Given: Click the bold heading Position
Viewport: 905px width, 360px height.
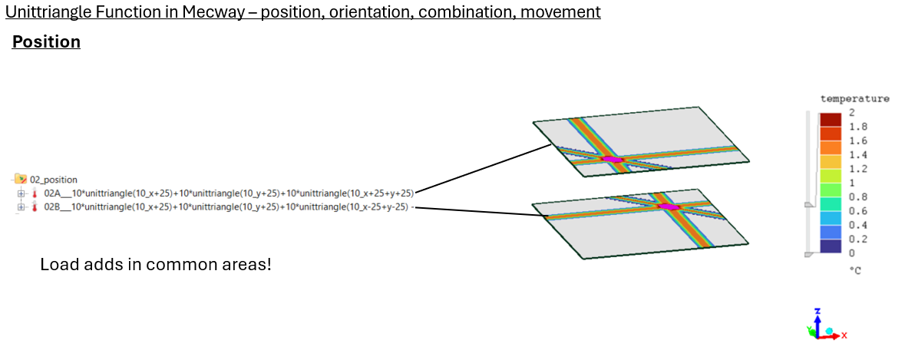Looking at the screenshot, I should [x=46, y=41].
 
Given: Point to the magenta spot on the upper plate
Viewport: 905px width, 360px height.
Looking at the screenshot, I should [x=612, y=159].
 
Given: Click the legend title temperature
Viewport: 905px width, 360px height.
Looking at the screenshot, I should [x=854, y=98].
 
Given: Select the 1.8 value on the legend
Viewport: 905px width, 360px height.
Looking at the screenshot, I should [x=857, y=127].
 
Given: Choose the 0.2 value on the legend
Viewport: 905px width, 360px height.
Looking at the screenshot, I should [x=857, y=239].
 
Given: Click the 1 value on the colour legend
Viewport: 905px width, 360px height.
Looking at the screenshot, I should [x=851, y=183].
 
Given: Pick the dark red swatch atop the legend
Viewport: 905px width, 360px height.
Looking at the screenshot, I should [x=831, y=119].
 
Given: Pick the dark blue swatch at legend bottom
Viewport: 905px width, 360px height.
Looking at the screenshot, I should [x=831, y=246].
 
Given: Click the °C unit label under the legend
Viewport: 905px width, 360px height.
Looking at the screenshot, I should [x=854, y=270].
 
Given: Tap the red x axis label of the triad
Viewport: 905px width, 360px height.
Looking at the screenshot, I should [x=844, y=335].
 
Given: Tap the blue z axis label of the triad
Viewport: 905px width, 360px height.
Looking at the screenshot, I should [x=817, y=311].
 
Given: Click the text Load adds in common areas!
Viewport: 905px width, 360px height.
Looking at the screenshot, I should [x=155, y=265].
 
